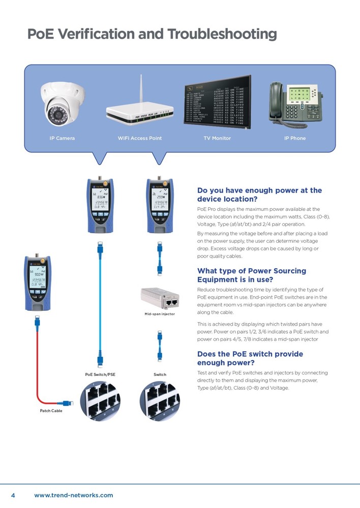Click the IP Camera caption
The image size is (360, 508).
click(x=62, y=138)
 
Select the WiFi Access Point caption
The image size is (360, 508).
click(x=140, y=138)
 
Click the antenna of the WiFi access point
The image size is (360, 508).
click(x=139, y=89)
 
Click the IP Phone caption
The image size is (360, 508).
click(x=295, y=138)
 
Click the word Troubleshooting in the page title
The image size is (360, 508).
click(x=222, y=34)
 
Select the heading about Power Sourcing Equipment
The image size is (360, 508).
click(x=251, y=275)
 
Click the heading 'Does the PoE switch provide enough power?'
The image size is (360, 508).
click(x=250, y=358)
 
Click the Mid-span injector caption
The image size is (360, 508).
click(x=160, y=314)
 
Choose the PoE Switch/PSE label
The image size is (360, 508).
click(x=100, y=374)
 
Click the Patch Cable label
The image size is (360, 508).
click(x=51, y=410)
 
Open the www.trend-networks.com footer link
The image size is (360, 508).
click(x=73, y=495)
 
